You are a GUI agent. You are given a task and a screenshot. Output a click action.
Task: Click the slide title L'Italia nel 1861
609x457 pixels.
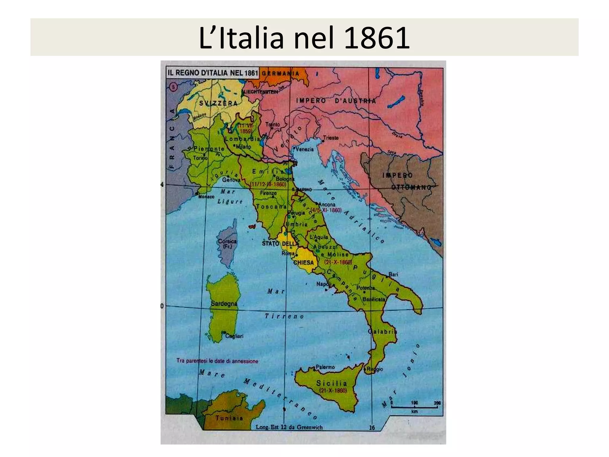point(304,38)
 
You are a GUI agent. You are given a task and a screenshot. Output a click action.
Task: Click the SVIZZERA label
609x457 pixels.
point(218,103)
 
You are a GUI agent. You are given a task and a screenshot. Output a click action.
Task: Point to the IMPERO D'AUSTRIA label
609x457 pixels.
point(336,101)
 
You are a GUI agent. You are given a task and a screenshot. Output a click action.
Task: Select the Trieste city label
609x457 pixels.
point(331,138)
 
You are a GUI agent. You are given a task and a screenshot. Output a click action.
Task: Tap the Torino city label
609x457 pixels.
point(200,158)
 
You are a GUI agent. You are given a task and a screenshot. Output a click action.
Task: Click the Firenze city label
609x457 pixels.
point(268,193)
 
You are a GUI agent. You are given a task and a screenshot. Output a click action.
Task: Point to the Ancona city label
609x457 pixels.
point(327,204)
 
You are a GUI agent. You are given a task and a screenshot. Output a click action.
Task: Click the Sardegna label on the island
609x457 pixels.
point(224,303)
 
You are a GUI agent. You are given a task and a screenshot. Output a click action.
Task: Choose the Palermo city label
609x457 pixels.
point(325,367)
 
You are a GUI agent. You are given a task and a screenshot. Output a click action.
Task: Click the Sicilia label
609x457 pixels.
point(332,383)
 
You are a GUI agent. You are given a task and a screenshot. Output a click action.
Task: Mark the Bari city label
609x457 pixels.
point(393,275)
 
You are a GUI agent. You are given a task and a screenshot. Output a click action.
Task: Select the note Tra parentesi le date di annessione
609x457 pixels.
point(217,361)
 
